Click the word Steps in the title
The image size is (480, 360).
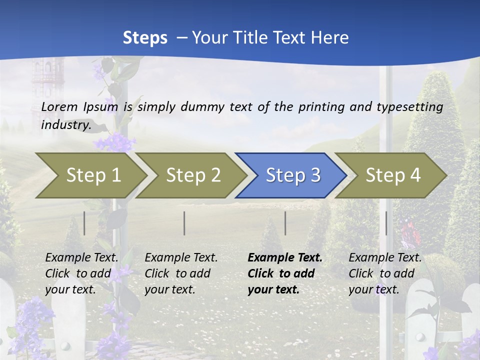pos(145,38)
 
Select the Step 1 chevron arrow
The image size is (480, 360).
pos(93,175)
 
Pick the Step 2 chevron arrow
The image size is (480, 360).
pos(193,175)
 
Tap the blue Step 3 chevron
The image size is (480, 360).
pos(293,175)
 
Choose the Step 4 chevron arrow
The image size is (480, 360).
pos(393,175)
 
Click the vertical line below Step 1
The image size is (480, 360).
pos(84,223)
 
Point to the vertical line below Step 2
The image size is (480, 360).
pos(184,223)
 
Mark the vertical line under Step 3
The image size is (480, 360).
pos(285,223)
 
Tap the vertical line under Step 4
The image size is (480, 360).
pos(386,223)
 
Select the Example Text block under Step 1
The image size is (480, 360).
pos(81,273)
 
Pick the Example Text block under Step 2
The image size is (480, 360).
pos(181,273)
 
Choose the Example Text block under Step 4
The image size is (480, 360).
pos(385,273)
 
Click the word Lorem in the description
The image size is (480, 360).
pos(59,107)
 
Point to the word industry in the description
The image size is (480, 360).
pos(65,125)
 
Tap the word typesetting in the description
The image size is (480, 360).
pos(409,107)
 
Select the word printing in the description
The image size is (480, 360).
pos(322,107)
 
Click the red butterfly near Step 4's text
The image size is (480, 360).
pos(408,231)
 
